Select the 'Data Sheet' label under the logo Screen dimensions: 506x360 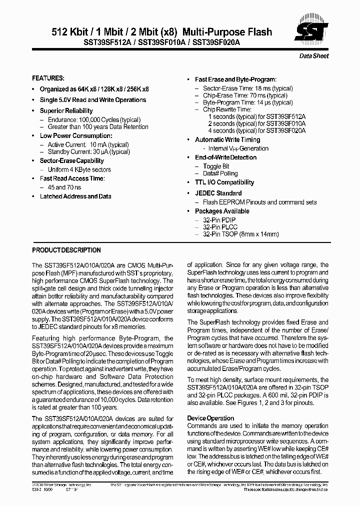coord(314,56)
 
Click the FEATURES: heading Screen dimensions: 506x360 coord(48,78)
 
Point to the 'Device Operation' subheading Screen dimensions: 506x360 coord(210,418)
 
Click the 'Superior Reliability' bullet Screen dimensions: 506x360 coord(66,110)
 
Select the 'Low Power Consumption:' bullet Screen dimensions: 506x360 coord(76,135)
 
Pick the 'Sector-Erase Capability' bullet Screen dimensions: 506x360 coord(71,160)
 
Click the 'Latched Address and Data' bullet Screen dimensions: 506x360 coord(75,196)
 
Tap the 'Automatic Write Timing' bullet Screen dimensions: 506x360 coord(227,139)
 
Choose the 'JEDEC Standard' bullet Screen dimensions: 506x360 coord(218,193)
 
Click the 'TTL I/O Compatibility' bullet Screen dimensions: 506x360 coord(224,182)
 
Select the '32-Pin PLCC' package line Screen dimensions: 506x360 coord(220,227)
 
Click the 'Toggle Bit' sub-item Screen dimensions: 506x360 coord(216,166)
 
